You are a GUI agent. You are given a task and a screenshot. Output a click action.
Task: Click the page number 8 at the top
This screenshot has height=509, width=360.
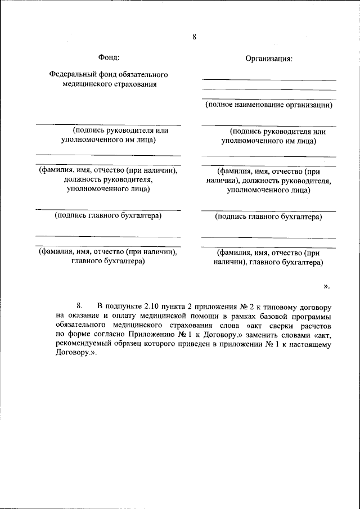(x=194, y=37)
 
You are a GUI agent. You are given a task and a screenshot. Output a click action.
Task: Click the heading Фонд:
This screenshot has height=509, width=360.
(x=109, y=57)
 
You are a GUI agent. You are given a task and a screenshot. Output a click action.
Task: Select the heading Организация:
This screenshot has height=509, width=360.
(x=269, y=58)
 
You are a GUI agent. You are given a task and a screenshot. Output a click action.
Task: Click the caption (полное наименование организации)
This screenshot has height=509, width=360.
(x=268, y=105)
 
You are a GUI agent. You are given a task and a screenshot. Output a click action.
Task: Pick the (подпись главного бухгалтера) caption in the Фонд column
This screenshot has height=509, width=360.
(x=108, y=215)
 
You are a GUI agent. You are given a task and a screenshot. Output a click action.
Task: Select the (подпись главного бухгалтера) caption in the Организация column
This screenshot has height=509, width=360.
(x=268, y=217)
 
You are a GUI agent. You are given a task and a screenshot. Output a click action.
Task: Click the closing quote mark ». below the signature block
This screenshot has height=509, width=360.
(x=326, y=286)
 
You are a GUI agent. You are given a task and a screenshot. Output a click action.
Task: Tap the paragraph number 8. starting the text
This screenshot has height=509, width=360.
(x=79, y=307)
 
